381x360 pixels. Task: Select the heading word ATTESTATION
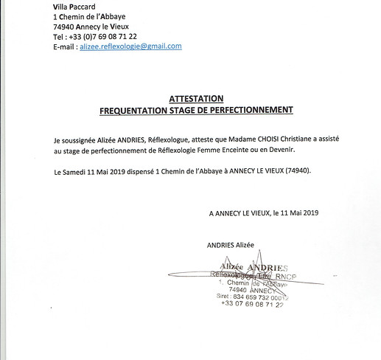(195, 98)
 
